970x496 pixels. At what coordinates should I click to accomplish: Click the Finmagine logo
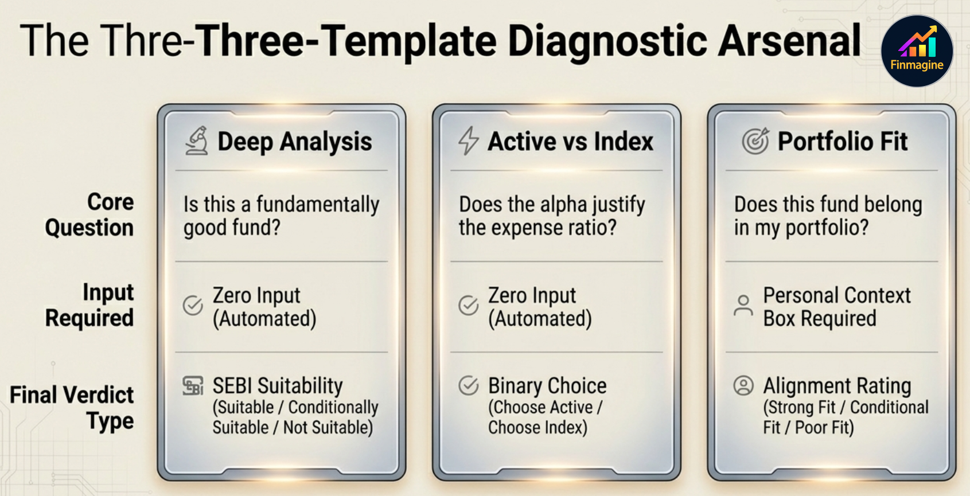click(x=917, y=51)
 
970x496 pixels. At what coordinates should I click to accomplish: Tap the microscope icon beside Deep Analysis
click(x=197, y=141)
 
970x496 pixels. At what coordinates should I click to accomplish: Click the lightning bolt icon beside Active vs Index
click(x=468, y=141)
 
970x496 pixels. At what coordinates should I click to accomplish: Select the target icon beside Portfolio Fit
click(x=755, y=141)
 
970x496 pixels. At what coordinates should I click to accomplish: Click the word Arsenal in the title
click(x=790, y=41)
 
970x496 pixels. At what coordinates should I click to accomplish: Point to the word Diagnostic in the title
click(x=607, y=41)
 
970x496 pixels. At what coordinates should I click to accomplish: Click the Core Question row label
click(x=91, y=215)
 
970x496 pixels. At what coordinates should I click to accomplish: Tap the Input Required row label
click(x=91, y=305)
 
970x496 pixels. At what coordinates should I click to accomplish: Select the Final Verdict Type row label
click(x=73, y=408)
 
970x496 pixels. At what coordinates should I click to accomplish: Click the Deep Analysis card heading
click(x=294, y=142)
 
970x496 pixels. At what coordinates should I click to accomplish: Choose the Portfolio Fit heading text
click(x=842, y=142)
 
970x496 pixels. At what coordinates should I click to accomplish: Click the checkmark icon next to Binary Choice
click(x=468, y=386)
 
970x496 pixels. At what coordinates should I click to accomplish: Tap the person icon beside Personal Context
click(x=743, y=306)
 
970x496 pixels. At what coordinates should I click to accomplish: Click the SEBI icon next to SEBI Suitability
click(x=193, y=386)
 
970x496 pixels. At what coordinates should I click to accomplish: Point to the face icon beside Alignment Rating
click(x=743, y=386)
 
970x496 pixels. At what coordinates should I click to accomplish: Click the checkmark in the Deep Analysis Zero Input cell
click(x=193, y=306)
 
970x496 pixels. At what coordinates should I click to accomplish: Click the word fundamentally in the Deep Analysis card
click(x=317, y=205)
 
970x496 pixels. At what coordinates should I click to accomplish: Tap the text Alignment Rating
click(x=837, y=386)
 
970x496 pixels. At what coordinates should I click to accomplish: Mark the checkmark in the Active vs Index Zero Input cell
click(x=468, y=306)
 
